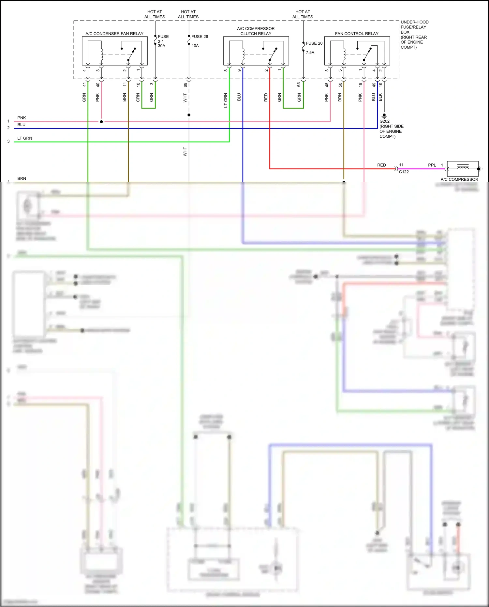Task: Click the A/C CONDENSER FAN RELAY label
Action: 114,34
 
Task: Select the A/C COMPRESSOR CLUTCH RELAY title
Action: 256,31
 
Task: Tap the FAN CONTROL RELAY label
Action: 357,34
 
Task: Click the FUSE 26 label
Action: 200,37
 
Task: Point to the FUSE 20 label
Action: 314,43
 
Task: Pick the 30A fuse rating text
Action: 161,46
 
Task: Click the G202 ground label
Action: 384,121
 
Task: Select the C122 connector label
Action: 404,172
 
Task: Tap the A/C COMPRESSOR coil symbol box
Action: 463,169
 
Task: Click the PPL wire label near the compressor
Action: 432,165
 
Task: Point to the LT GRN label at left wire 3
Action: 25,138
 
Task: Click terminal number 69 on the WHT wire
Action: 185,85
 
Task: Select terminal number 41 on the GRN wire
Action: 84,84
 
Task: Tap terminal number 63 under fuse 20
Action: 299,84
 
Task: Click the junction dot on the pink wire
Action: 101,122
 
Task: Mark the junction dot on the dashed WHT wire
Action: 189,115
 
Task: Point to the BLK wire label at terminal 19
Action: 380,97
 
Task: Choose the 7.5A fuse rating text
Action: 310,53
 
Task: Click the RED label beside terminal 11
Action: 381,165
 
